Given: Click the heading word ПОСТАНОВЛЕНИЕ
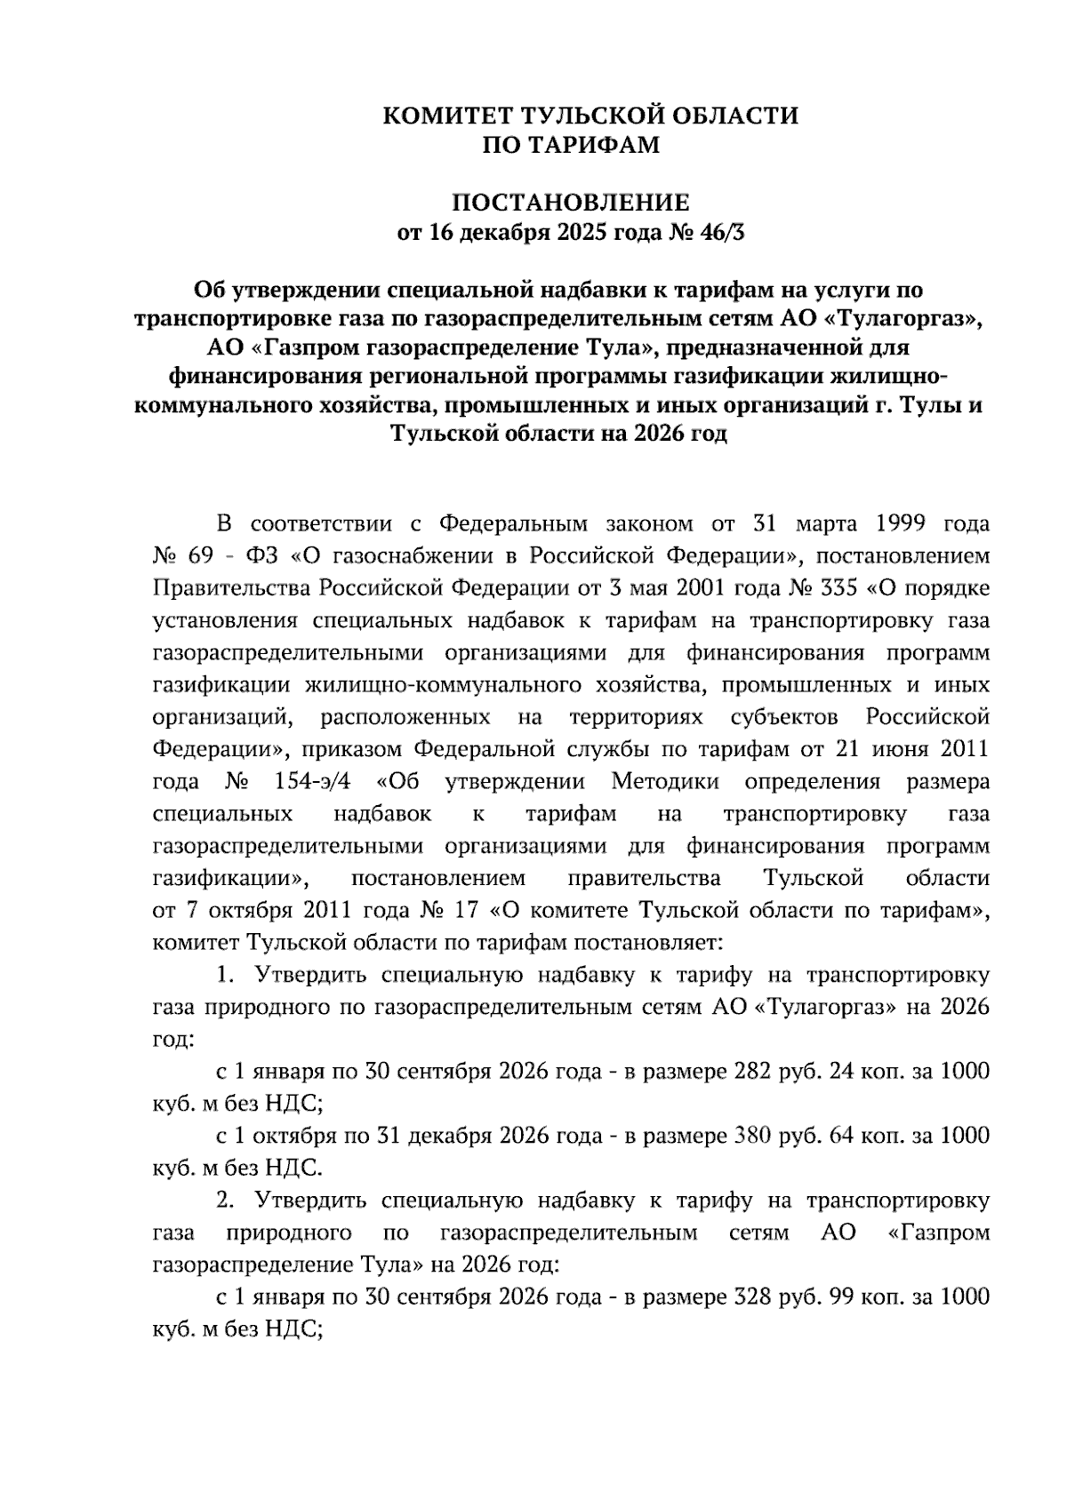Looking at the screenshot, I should coord(572,203).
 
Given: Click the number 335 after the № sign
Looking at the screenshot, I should coord(836,589).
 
